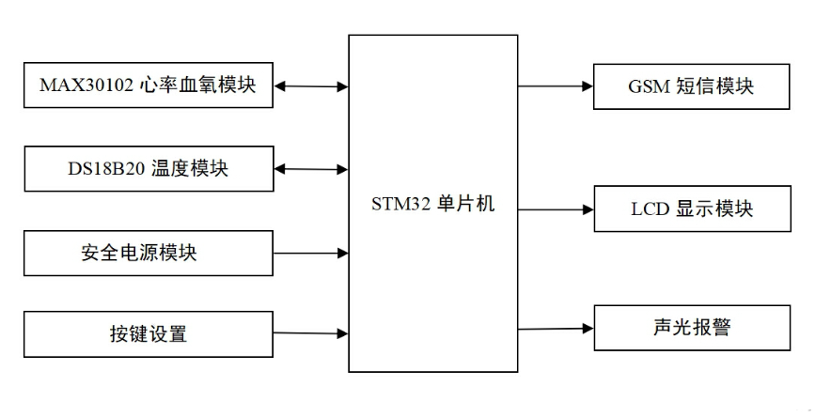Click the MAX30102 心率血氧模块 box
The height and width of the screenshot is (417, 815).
147,85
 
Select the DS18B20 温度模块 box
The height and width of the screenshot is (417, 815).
147,169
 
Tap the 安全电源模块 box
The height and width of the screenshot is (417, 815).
147,253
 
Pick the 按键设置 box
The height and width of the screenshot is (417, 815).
147,333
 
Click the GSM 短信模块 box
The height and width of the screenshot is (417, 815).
691,86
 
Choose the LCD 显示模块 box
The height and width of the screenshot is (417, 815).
691,208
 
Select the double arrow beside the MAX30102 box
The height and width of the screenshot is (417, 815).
311,86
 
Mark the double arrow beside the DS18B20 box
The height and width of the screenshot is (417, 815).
311,170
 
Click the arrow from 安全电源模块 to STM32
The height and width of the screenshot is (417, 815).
311,253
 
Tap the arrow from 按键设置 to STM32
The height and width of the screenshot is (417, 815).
311,332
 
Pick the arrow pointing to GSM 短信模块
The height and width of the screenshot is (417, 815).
556,86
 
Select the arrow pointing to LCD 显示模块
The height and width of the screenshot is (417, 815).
556,208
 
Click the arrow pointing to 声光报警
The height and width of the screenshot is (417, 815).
556,328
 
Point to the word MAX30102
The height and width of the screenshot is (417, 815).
83,86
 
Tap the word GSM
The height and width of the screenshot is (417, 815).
649,86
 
